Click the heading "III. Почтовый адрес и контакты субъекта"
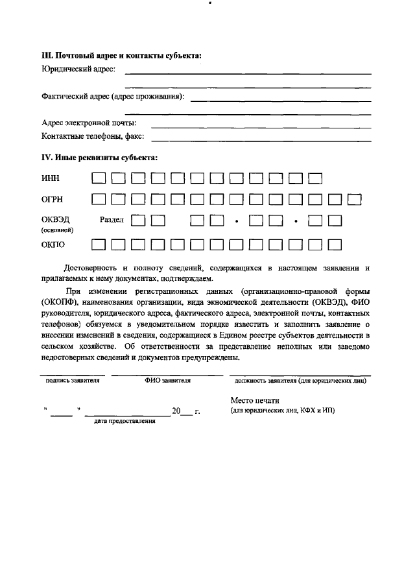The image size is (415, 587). pos(121,55)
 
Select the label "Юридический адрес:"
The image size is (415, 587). pos(78,69)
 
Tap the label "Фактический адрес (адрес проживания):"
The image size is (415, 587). pos(113,97)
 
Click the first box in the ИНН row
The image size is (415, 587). pos(99,178)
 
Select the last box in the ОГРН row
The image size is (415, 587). pos(355,199)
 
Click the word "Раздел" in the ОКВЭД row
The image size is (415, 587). pos(112,220)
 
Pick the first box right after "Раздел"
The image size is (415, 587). pos(138,221)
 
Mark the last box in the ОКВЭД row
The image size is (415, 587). pos(335,221)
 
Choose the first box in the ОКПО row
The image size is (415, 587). pos(99,245)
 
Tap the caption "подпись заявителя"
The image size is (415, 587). pos(72,381)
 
